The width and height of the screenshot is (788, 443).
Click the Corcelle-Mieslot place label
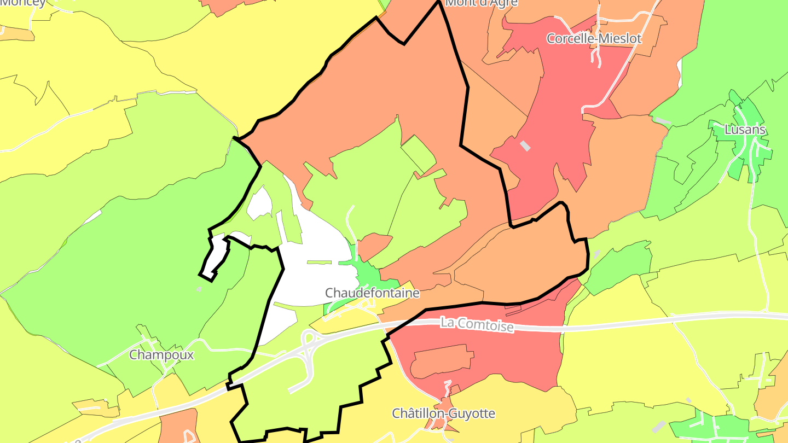(594, 39)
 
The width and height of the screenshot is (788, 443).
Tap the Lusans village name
(745, 130)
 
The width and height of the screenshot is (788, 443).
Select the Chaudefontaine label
(372, 293)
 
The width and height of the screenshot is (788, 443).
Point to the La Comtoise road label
(477, 325)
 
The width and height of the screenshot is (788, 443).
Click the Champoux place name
(161, 355)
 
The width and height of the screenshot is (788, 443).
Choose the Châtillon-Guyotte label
(443, 413)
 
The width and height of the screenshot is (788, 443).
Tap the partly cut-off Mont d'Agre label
(482, 3)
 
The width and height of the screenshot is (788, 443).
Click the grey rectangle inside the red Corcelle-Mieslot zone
(525, 146)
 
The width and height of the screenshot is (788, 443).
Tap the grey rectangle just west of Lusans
(663, 120)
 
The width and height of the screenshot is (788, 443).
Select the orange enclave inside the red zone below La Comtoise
(441, 361)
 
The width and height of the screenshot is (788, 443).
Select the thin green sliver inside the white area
(319, 263)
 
